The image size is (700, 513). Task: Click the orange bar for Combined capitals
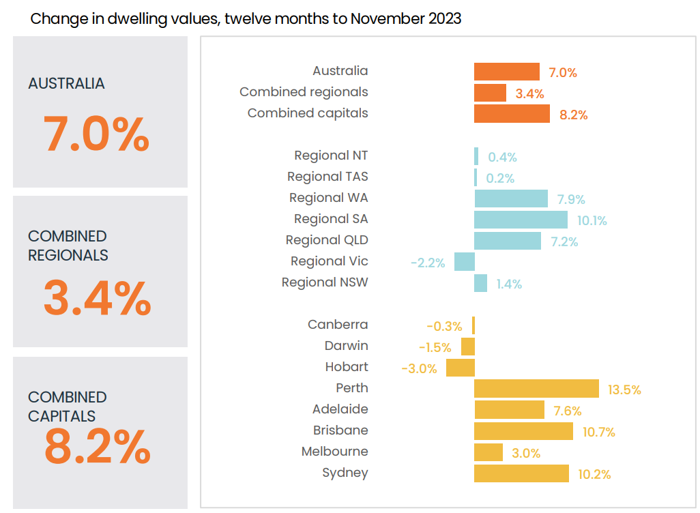512,114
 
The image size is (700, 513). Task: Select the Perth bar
536,389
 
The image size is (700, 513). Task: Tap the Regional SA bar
521,220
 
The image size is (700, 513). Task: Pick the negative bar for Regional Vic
465,262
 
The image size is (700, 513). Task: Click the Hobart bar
461,368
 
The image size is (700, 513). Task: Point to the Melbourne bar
488,452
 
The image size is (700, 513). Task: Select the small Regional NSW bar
481,283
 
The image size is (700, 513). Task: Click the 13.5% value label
624,390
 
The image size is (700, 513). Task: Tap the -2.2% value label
428,263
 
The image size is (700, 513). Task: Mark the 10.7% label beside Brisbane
598,433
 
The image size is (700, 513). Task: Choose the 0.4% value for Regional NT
502,158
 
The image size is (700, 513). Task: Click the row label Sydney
345,473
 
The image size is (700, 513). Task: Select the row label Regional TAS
327,177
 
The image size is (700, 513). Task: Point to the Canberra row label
338,325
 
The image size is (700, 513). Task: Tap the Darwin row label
346,346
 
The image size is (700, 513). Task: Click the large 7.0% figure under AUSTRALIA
96,134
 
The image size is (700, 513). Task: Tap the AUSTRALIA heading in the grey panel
66,84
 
